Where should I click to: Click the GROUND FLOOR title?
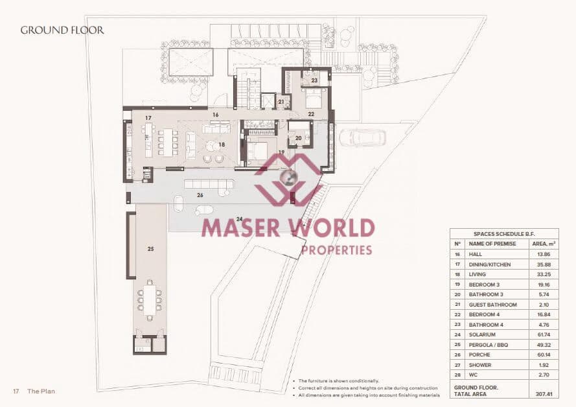(x=62, y=30)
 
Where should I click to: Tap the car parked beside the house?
(x=362, y=137)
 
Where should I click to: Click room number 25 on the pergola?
(x=151, y=248)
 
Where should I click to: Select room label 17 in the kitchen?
(x=148, y=118)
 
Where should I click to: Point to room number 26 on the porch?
(x=200, y=194)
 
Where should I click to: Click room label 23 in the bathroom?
(x=314, y=81)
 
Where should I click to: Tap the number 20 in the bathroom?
(x=299, y=137)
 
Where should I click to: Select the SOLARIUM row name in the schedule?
(x=483, y=334)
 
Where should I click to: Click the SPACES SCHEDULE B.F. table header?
(x=504, y=234)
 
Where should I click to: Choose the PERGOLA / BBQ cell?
(x=489, y=345)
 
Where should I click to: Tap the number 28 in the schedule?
(x=457, y=375)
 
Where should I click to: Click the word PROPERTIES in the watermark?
(x=336, y=250)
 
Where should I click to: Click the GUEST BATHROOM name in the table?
(x=492, y=305)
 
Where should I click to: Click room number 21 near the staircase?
(x=281, y=102)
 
